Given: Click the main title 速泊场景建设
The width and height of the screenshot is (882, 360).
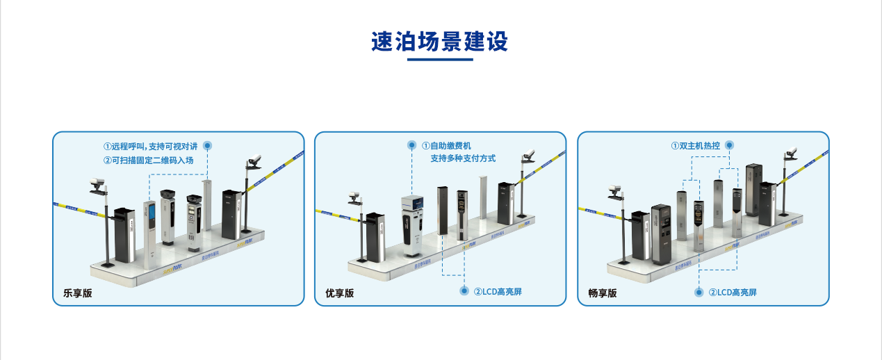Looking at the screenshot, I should coord(440,42).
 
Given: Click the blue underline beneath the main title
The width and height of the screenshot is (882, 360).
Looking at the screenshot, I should coord(440,60).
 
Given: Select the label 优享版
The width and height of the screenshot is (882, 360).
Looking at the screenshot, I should coord(340,293).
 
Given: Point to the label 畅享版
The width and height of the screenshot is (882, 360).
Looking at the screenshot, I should coord(602,293).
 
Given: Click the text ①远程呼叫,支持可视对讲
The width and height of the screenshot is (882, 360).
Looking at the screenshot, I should coord(151,147).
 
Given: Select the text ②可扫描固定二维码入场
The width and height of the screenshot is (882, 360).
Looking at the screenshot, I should coord(148,161).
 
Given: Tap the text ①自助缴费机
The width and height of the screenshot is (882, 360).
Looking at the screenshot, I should coord(446,146).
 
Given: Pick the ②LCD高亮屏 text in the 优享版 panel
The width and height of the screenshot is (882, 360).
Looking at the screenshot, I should coord(498,292).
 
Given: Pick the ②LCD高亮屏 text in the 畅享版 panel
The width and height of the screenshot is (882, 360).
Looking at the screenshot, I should coord(733,293).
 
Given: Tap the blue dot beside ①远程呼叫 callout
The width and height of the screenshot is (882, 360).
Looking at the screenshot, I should coord(207,146).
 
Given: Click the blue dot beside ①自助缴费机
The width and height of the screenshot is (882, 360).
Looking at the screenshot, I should coord(412,146).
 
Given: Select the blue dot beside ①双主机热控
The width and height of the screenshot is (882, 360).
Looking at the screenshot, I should coord(728,145).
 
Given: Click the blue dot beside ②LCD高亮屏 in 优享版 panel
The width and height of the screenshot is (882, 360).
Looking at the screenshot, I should coord(464,291).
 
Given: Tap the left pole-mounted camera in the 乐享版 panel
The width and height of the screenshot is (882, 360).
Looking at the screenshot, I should coord(96,185).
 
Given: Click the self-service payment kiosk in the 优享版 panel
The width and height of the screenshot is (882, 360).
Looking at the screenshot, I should coord(411,222).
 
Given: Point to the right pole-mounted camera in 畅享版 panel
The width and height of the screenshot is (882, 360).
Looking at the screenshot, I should coord(790,154).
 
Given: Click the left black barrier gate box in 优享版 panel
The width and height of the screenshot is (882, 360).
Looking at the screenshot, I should coord(375,236).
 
